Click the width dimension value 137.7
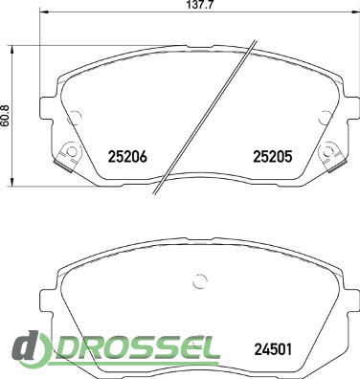tap(198, 5)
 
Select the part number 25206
tap(127, 157)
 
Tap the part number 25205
tap(273, 157)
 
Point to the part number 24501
tap(273, 349)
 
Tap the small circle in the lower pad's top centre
tap(200, 281)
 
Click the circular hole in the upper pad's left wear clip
tap(73, 151)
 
